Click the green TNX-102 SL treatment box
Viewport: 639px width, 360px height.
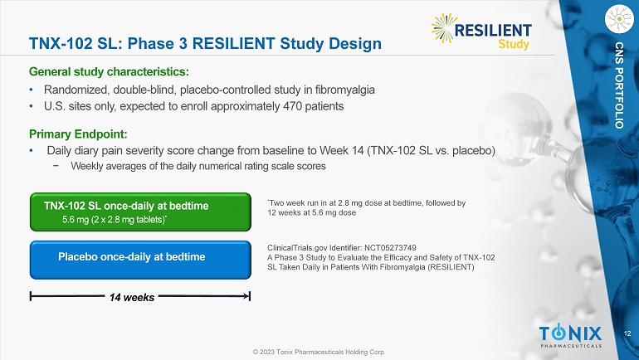[140, 212]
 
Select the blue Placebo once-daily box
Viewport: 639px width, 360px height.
[140, 260]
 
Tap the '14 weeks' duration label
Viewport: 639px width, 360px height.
[132, 297]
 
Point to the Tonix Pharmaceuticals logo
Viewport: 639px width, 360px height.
[571, 337]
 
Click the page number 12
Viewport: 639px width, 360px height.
[627, 333]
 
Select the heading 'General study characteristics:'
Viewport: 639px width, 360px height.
[109, 71]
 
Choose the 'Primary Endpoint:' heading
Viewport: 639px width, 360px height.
[78, 134]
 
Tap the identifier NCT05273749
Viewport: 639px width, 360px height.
[390, 247]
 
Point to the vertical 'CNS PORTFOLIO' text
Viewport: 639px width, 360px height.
[619, 85]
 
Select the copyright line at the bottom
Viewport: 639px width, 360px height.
[319, 352]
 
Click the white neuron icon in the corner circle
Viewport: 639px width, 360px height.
[619, 18]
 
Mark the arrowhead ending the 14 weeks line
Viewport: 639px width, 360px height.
[246, 296]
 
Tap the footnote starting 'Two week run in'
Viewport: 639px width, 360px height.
[366, 207]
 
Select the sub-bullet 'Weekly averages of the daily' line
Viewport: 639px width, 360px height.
[198, 166]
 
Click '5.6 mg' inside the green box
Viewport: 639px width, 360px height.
[76, 220]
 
